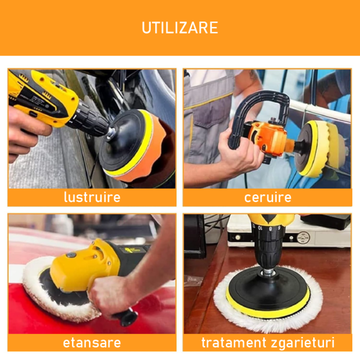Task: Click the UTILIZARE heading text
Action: [180, 27]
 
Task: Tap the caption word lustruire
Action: [92, 197]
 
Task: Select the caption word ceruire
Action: [267, 197]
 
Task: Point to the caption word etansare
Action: [92, 342]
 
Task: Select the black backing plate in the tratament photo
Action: [267, 293]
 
